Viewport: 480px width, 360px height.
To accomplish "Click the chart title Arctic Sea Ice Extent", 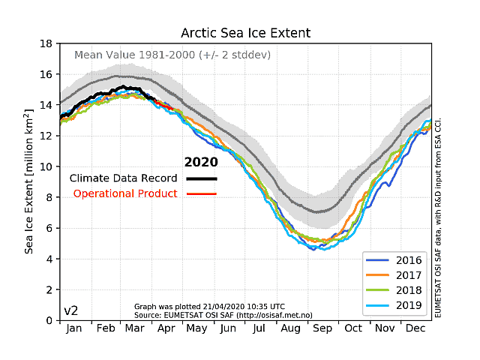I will click(245, 34).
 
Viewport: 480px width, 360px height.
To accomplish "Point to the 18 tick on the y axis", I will click(46, 43).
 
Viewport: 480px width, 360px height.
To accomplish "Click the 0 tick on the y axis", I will click(49, 320).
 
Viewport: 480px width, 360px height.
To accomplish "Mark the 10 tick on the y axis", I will click(46, 166).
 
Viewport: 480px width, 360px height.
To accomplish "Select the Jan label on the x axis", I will click(75, 328).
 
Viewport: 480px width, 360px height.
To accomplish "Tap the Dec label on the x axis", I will click(417, 328).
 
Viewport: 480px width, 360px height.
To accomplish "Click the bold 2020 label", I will click(201, 162).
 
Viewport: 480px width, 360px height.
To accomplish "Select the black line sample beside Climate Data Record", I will click(202, 178).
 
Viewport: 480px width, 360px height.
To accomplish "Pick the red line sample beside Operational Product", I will click(202, 194).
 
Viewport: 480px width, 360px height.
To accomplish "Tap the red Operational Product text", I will click(125, 194).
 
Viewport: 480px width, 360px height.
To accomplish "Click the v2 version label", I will click(71, 310).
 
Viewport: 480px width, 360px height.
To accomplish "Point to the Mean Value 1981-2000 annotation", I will click(172, 55).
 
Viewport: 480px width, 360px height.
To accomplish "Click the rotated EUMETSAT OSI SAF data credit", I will click(439, 217).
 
